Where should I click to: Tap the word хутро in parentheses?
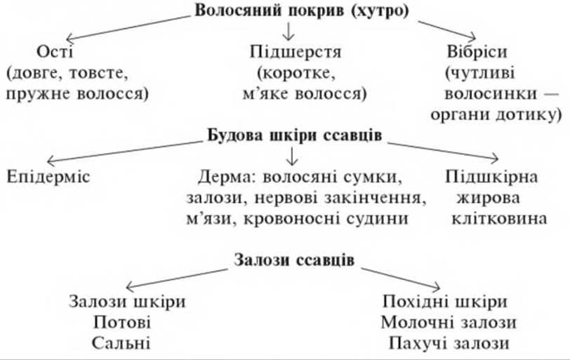point(380,11)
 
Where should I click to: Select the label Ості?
point(55,51)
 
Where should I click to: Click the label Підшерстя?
point(296,52)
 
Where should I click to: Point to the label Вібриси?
point(477,51)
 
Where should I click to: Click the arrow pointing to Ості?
point(128,27)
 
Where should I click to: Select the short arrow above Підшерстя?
point(289,32)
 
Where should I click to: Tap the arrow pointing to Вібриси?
point(446,30)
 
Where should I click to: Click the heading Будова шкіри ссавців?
point(294,135)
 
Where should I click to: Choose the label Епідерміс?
point(48,177)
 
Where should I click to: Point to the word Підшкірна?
point(491,177)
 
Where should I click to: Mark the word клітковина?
point(499,219)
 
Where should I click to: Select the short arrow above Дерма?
point(292,156)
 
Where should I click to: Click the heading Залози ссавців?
point(293,260)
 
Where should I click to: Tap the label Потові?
point(121,323)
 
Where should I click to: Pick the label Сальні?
point(121,343)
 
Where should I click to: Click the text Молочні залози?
point(449,323)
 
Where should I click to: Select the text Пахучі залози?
point(449,343)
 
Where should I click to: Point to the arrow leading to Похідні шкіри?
point(401,279)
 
